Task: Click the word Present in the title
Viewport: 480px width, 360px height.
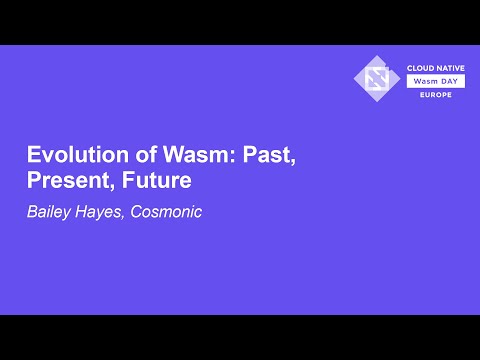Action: (64, 183)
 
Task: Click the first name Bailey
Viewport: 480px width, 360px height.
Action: (48, 212)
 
